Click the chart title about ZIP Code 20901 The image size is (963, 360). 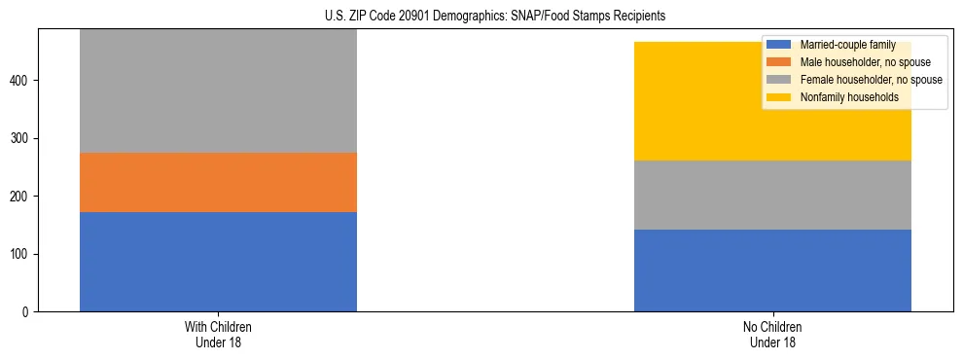pos(495,17)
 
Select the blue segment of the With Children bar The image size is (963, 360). pos(218,262)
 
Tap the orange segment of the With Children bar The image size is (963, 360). pos(218,182)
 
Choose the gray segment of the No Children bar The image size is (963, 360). pos(772,195)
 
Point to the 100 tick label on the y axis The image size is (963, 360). pos(21,254)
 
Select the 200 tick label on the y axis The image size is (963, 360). pos(21,197)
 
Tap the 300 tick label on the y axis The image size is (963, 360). pos(21,138)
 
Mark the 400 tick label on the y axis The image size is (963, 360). pos(21,80)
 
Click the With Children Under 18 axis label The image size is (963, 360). pos(218,334)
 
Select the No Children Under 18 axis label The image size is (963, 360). pos(772,334)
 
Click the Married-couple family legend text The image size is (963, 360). pos(847,45)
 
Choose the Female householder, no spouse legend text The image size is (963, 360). pos(871,80)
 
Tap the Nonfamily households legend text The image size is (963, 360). pos(849,97)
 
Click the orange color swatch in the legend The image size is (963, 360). pos(779,62)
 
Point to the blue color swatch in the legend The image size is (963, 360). pos(779,45)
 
